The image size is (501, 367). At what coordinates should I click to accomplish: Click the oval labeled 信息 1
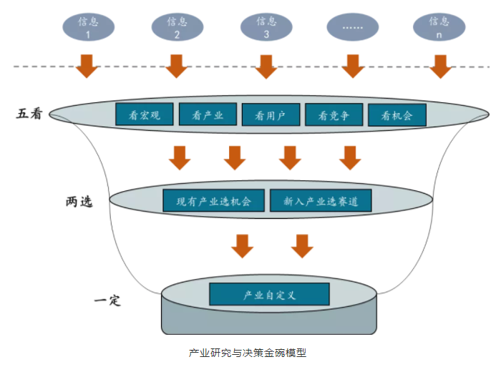pos(87,27)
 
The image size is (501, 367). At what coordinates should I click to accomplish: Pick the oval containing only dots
pos(353,27)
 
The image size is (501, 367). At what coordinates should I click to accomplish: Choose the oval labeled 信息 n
pos(439,27)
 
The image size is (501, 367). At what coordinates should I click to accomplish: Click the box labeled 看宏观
pos(145,114)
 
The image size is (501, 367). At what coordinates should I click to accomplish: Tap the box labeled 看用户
pos(270,115)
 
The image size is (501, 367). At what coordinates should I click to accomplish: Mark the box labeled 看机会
pos(397,115)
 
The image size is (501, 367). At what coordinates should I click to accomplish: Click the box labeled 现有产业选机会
pos(214,201)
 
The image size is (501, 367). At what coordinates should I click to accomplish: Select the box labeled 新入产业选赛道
pos(321,201)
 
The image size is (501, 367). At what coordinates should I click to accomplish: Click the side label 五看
pos(31,113)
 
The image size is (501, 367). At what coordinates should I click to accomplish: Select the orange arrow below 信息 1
pos(87,65)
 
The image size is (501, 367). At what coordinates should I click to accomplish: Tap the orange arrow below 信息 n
pos(439,65)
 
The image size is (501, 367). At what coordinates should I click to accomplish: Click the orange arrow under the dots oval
pos(352,65)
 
